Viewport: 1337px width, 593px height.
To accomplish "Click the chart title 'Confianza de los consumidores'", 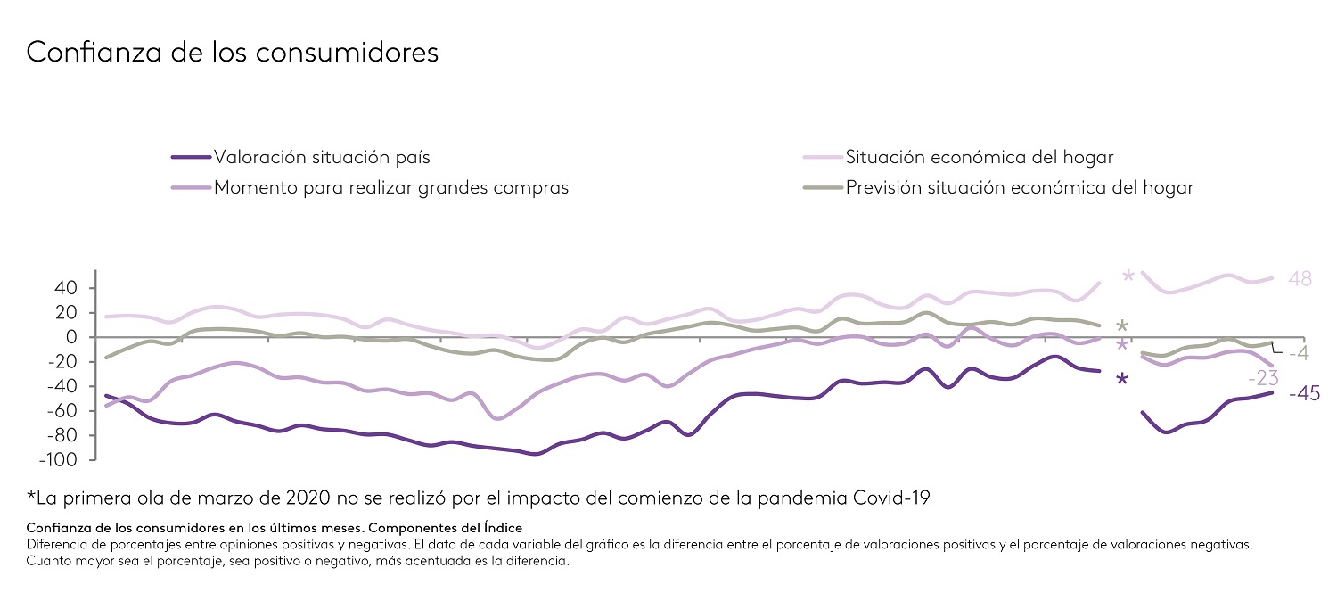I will (x=233, y=52).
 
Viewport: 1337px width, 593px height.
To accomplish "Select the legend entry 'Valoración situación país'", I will (x=322, y=158).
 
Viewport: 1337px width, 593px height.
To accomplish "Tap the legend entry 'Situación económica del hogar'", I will (x=980, y=158).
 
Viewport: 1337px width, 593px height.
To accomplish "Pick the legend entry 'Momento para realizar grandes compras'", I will (x=391, y=188).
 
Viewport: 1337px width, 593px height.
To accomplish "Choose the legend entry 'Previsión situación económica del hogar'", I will (x=1020, y=188).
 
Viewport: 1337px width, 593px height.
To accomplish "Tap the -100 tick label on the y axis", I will (x=57, y=460).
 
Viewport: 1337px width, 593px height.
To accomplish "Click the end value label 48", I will (x=1300, y=279).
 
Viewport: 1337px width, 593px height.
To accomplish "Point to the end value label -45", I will (x=1304, y=394).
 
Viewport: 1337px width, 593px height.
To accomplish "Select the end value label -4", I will (x=1297, y=354).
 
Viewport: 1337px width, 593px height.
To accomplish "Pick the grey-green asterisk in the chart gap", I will (x=1122, y=327).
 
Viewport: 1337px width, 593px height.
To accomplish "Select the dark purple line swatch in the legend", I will (x=191, y=158).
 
